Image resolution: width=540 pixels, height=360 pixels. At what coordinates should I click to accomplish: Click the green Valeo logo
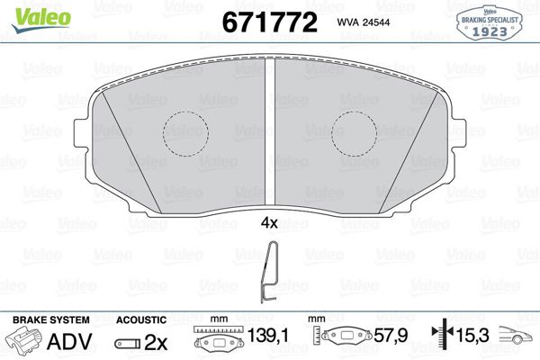pyautogui.click(x=41, y=19)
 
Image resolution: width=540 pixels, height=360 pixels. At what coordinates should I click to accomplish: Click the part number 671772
pyautogui.click(x=269, y=22)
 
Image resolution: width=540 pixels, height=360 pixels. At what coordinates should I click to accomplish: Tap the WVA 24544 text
pyautogui.click(x=364, y=22)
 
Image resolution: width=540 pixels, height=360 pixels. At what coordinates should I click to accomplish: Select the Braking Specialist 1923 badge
pyautogui.click(x=490, y=23)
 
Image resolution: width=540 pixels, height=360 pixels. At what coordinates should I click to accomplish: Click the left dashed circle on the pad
pyautogui.click(x=185, y=134)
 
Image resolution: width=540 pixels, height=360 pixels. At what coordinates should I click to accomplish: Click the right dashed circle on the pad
pyautogui.click(x=354, y=134)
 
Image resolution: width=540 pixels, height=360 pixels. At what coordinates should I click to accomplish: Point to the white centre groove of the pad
pyautogui.click(x=270, y=132)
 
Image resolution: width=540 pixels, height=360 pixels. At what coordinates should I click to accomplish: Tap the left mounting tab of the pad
pyautogui.click(x=81, y=133)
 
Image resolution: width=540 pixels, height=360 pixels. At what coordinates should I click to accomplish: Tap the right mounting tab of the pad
pyautogui.click(x=458, y=133)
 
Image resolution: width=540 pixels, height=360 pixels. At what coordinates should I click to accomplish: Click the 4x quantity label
pyautogui.click(x=269, y=223)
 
